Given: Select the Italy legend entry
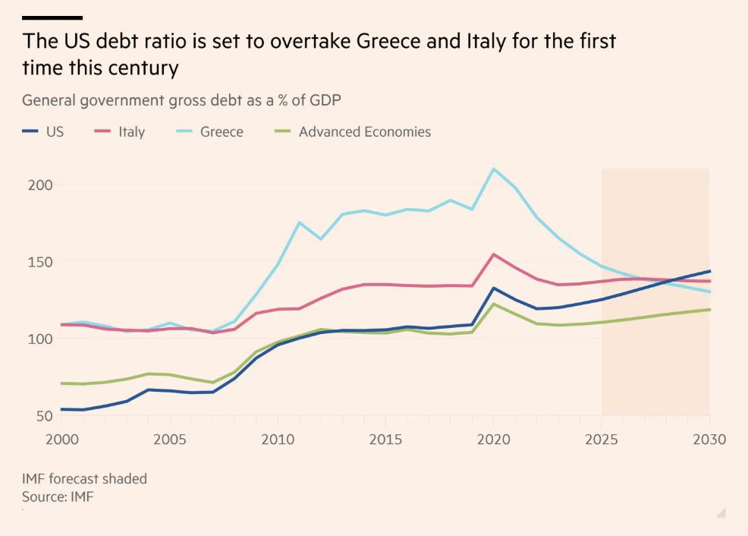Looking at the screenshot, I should [x=131, y=132].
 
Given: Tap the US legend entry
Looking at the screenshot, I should [x=55, y=132].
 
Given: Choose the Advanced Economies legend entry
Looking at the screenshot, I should [x=364, y=132].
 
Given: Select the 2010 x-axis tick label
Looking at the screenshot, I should [x=277, y=440].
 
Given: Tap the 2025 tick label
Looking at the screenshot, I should [x=602, y=440].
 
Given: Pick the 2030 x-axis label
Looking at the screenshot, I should [x=709, y=440].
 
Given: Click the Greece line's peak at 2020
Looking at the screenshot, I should [x=493, y=169].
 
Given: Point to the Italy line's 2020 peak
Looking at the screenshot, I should [x=493, y=254].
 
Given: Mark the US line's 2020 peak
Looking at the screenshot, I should [x=493, y=288].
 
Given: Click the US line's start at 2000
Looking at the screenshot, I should [x=61, y=409].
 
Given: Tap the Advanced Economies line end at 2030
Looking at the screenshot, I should [x=709, y=309].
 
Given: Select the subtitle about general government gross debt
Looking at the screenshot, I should [x=187, y=100].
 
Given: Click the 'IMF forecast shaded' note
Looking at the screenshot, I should [x=84, y=479].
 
